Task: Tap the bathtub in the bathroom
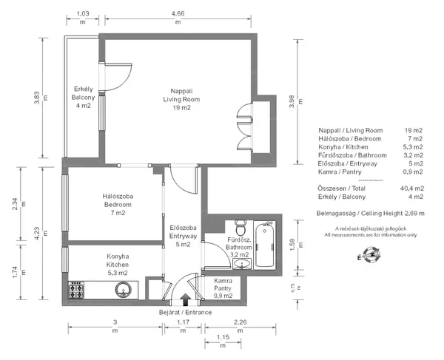[x=264, y=245]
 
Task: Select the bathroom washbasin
[x=242, y=264]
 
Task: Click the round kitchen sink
[x=123, y=290]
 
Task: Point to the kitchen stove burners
[x=76, y=290]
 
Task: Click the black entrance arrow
[x=186, y=299]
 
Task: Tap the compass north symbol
[x=371, y=255]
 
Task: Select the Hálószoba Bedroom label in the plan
[x=118, y=200]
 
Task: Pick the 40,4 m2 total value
[x=412, y=189]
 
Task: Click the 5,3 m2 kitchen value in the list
[x=413, y=147]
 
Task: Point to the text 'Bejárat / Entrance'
[x=185, y=312]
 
